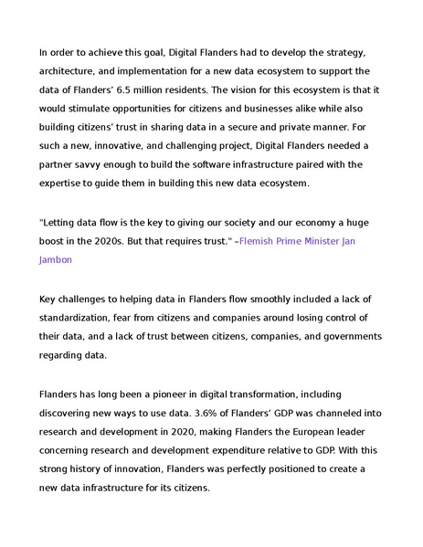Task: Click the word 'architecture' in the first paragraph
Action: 69,70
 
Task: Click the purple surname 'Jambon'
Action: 56,259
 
